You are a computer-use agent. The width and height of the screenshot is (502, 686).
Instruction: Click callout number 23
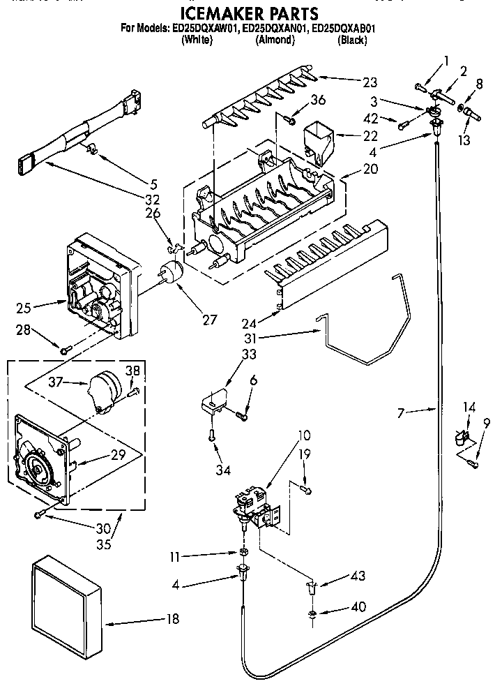(x=370, y=82)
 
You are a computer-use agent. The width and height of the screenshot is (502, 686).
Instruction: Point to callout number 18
(x=172, y=618)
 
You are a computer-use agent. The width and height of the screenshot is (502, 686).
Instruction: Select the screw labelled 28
(x=65, y=350)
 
